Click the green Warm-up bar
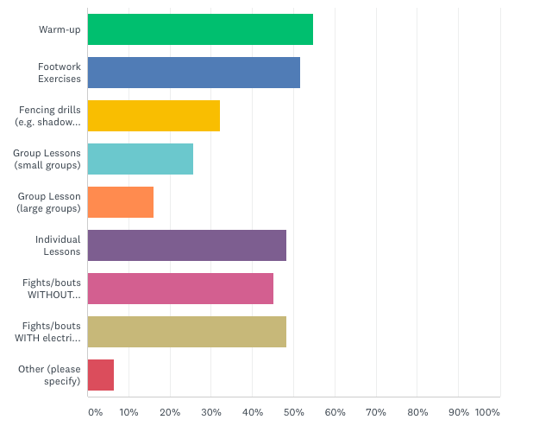200,29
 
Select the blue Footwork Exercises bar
194,73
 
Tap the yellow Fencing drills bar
154,116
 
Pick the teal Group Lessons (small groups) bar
141,159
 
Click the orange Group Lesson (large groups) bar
121,202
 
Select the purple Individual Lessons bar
187,245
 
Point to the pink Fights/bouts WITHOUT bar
180,289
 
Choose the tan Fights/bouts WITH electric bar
187,332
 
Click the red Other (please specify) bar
101,375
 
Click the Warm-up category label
60,29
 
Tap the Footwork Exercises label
60,73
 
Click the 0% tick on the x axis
95,412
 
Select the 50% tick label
293,412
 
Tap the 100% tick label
487,412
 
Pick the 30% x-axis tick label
211,412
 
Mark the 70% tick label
376,412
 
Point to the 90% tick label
458,412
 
